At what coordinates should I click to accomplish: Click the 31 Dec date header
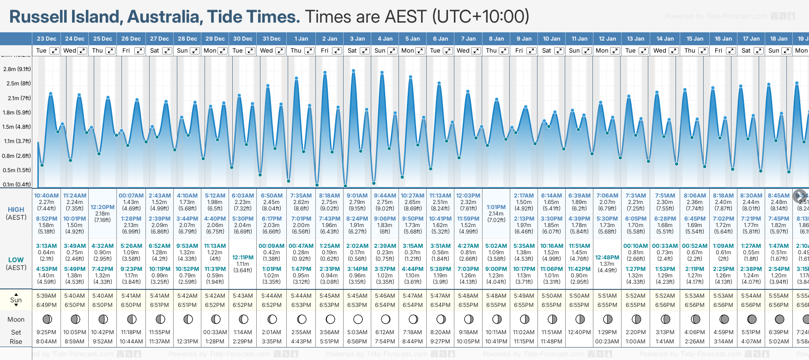(272, 39)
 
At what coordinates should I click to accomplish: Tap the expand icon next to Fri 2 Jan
(337, 51)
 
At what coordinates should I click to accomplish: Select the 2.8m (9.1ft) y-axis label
(17, 69)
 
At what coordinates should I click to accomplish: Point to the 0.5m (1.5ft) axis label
(17, 170)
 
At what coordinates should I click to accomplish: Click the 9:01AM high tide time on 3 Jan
(357, 196)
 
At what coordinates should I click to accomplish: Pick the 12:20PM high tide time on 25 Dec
(103, 207)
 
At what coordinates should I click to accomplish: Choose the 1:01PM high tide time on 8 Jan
(496, 207)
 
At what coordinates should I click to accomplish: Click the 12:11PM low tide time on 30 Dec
(243, 258)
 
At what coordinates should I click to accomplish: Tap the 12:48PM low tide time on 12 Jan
(607, 258)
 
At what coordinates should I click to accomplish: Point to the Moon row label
(16, 319)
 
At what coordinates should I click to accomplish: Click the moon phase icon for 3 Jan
(358, 319)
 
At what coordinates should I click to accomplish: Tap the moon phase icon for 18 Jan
(779, 319)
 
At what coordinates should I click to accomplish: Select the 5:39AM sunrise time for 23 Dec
(46, 296)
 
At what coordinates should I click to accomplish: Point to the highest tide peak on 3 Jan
(353, 71)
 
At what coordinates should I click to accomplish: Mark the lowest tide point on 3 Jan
(345, 186)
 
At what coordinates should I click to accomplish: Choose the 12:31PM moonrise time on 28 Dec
(187, 342)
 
